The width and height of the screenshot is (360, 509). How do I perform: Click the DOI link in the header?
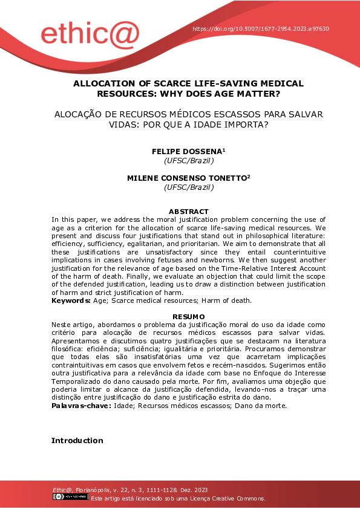click(261, 29)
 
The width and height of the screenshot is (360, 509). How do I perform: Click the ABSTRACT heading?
click(188, 212)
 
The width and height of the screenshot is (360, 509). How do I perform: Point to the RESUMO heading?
click(188, 317)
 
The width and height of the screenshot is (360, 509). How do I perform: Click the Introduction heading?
click(77, 440)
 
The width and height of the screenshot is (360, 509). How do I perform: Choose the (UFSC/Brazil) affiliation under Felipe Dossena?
click(188, 161)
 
